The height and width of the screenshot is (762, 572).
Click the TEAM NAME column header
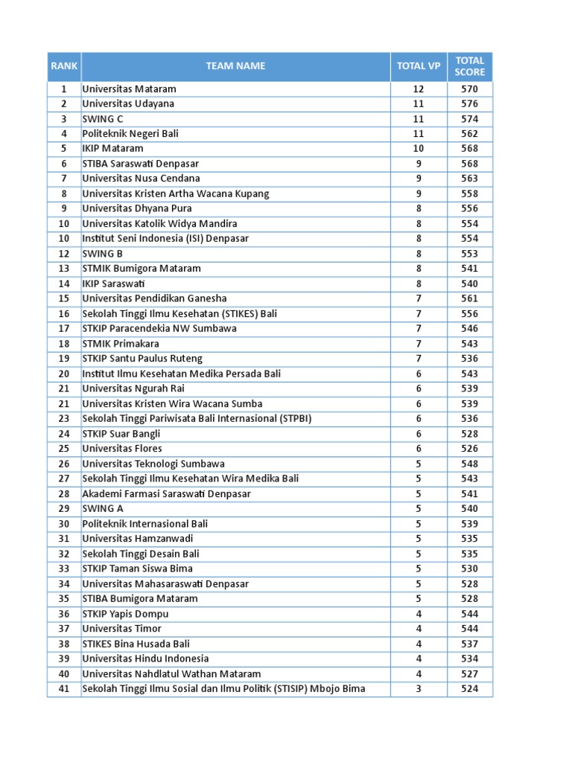coord(235,66)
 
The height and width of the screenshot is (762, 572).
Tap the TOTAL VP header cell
coord(419,66)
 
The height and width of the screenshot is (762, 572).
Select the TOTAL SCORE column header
coord(470,66)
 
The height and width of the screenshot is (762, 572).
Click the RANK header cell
coord(64,66)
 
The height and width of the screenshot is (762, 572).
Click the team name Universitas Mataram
coord(129,89)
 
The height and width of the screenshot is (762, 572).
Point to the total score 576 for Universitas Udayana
coord(469,104)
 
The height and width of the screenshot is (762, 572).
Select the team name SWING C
coord(103,119)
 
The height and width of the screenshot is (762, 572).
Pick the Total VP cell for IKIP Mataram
coord(419,149)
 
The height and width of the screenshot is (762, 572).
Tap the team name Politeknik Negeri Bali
coord(130,134)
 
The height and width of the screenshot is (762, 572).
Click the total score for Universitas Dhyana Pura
coord(469,209)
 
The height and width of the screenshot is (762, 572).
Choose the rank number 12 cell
coord(64,254)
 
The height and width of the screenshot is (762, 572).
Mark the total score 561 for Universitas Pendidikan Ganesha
coord(469,298)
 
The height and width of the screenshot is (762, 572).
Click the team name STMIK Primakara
coord(121,344)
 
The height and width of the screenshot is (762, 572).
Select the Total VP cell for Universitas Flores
coord(419,449)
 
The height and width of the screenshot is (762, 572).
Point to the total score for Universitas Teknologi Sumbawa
coord(469,464)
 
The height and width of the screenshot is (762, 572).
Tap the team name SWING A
coord(103,509)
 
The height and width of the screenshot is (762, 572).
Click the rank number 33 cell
coord(64,569)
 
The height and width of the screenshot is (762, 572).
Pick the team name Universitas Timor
coord(121,629)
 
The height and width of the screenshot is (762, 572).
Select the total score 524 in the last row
coord(469,689)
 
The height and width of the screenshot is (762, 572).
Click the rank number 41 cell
coord(64,689)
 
